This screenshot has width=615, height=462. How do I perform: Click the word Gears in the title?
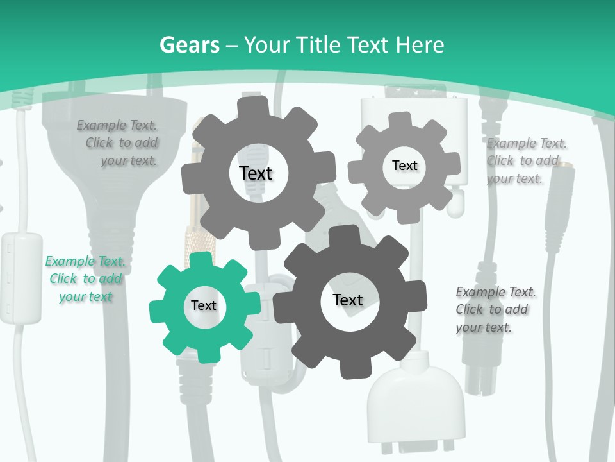tap(189, 45)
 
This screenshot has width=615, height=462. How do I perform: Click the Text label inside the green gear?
tap(204, 306)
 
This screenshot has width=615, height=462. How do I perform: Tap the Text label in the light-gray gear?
tap(404, 166)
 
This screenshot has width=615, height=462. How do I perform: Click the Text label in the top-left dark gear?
tap(256, 173)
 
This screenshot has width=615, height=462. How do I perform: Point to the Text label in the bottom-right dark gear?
tap(348, 300)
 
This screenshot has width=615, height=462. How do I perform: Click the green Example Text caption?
tap(85, 278)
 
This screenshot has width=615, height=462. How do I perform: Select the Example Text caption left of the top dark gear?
tap(117, 142)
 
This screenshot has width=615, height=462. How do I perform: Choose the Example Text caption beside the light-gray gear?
tap(527, 160)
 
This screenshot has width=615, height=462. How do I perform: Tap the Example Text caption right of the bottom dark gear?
tap(496, 309)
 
